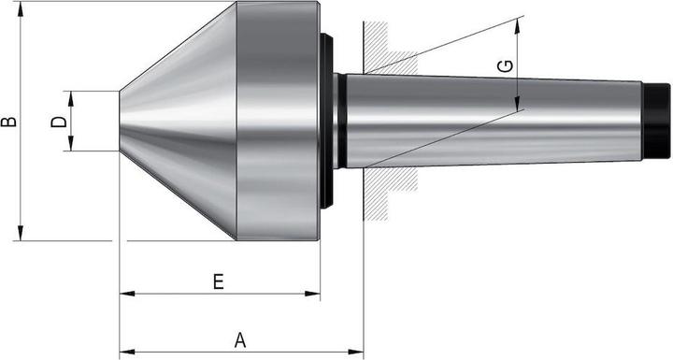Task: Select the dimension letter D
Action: [x=58, y=122]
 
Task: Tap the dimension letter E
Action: [x=218, y=281]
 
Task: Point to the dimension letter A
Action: [x=240, y=341]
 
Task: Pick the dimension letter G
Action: [x=504, y=66]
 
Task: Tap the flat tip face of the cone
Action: [x=120, y=121]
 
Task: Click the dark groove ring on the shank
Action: [x=341, y=121]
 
